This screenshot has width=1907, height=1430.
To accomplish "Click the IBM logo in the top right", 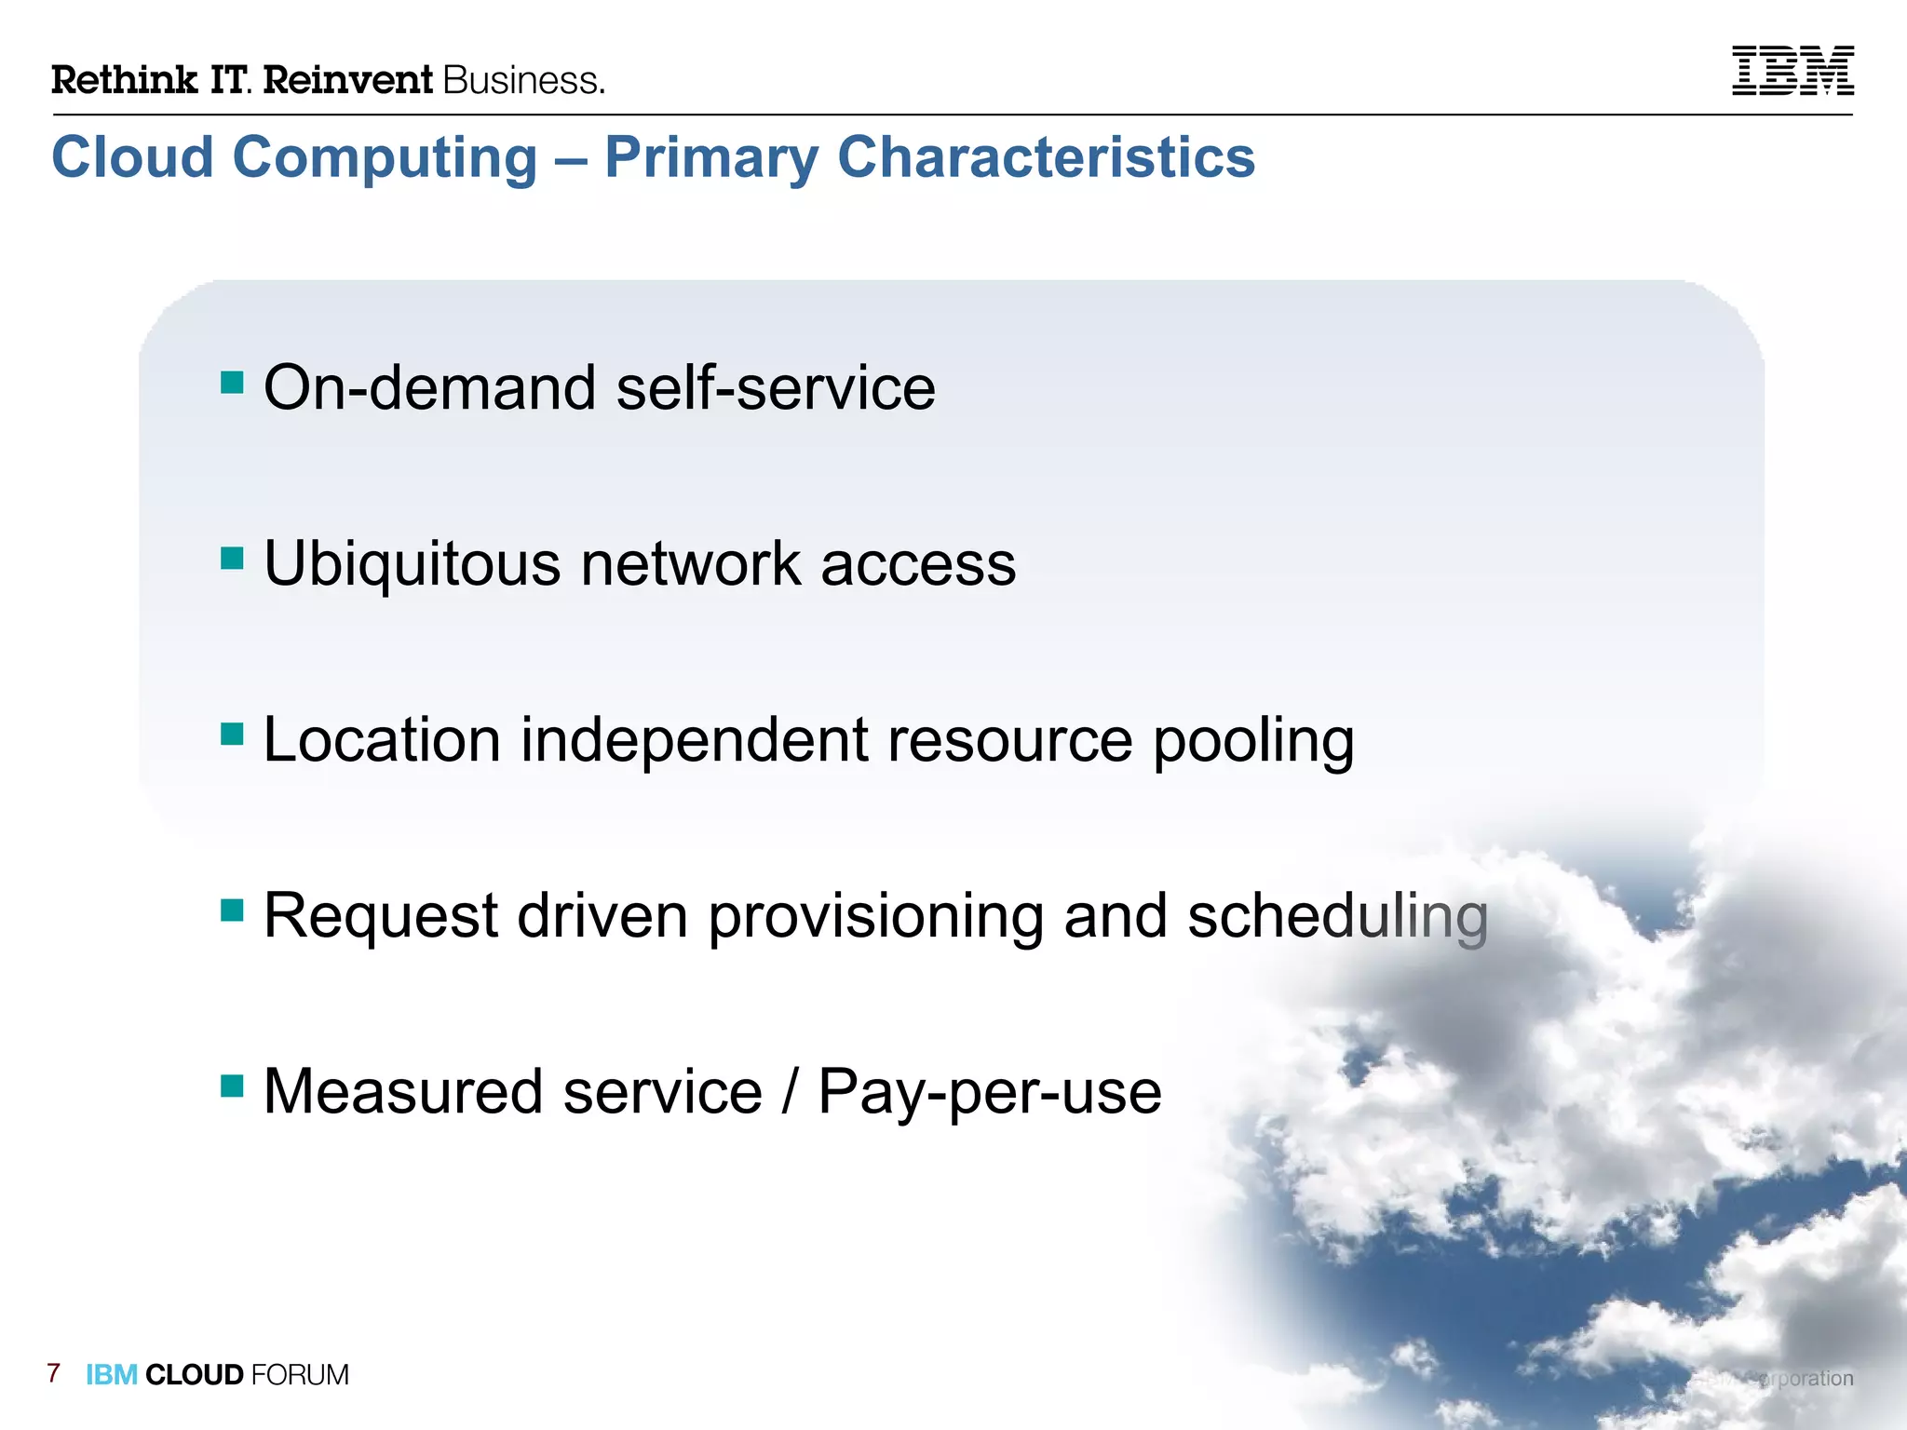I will [1792, 71].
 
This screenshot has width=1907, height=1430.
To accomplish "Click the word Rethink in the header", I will [124, 80].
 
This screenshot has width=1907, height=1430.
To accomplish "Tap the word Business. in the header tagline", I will [523, 81].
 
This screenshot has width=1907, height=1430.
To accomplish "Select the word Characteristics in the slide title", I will [1046, 156].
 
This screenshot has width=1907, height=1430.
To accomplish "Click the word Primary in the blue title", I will [711, 158].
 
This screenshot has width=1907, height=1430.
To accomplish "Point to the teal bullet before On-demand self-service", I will [232, 383].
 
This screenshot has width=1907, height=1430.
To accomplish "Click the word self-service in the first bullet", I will [776, 387].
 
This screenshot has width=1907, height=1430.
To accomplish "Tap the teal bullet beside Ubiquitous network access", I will [232, 559].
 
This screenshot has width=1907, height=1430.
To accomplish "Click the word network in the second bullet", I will [690, 564].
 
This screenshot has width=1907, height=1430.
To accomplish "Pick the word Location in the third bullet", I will [382, 739].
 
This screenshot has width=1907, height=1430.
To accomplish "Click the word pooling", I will [1253, 741].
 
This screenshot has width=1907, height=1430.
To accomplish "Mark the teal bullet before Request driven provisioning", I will [232, 910].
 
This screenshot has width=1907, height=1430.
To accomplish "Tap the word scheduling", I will [1337, 916].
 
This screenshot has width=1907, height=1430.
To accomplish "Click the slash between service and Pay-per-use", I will [790, 1091].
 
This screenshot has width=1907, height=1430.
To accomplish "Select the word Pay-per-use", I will [990, 1093].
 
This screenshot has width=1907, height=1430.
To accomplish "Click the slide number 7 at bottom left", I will [54, 1373].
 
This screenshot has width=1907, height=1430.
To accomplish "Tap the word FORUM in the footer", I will [300, 1375].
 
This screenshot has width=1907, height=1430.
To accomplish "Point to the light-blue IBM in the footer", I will [112, 1375].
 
